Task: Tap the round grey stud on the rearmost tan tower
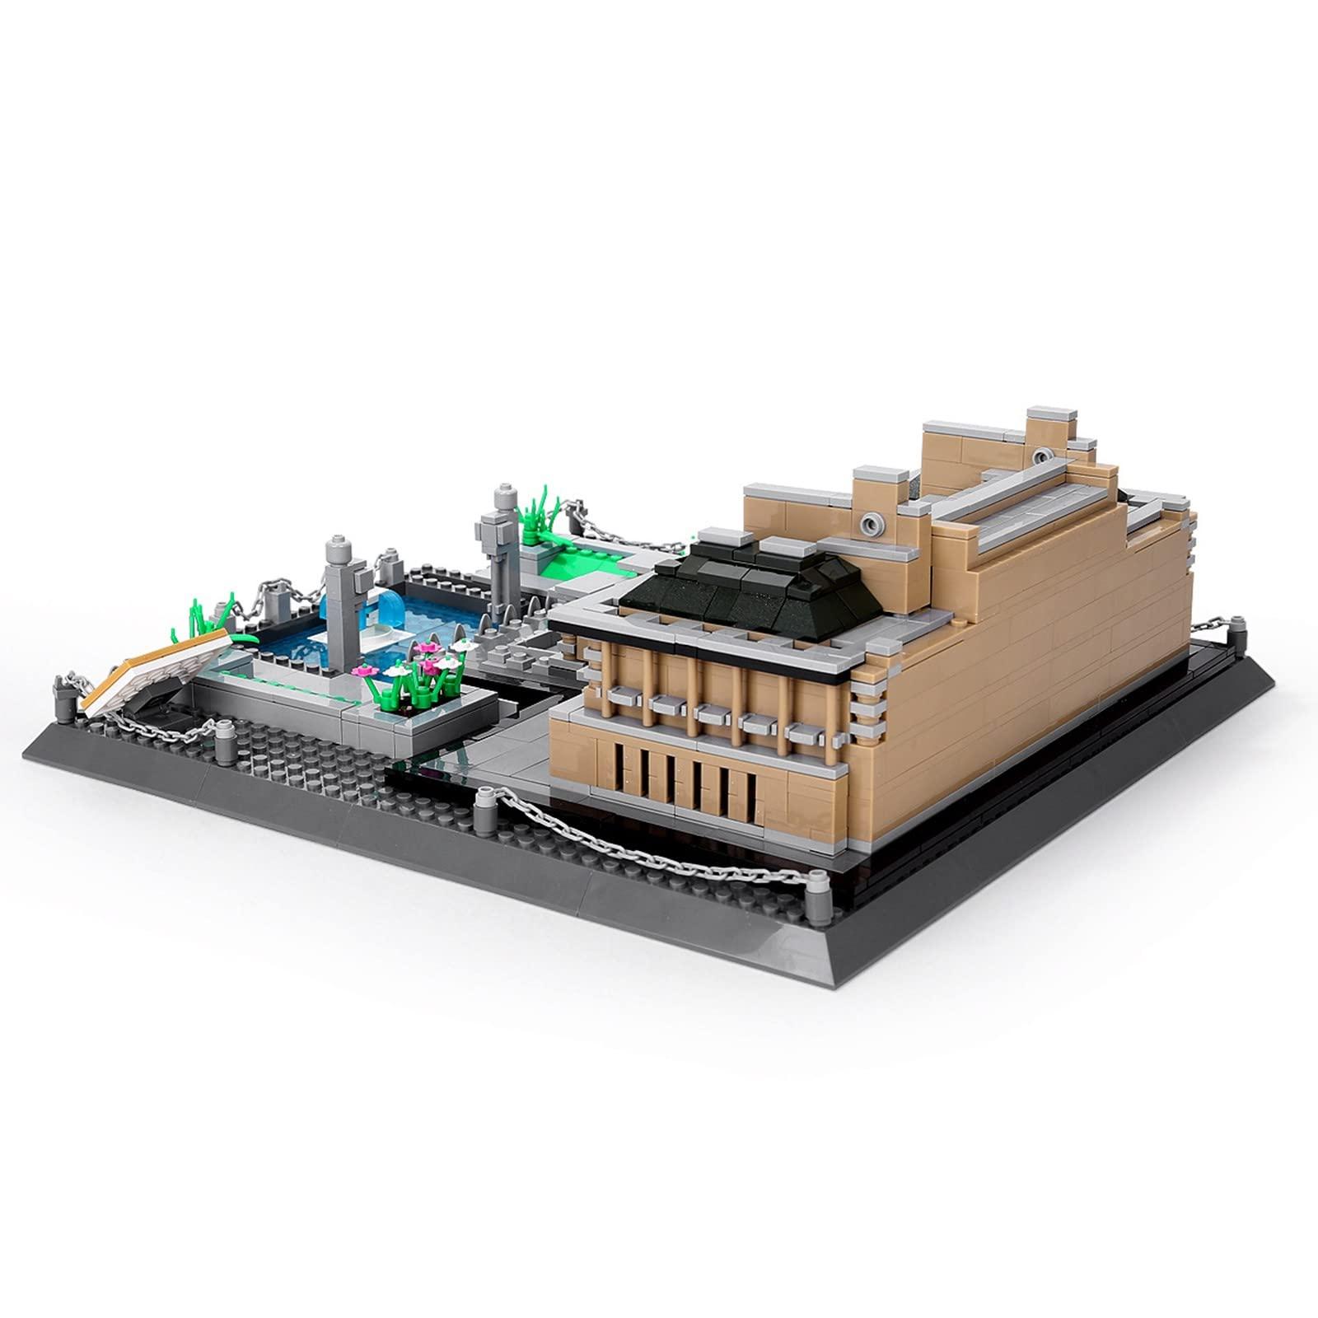[1044, 456]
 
